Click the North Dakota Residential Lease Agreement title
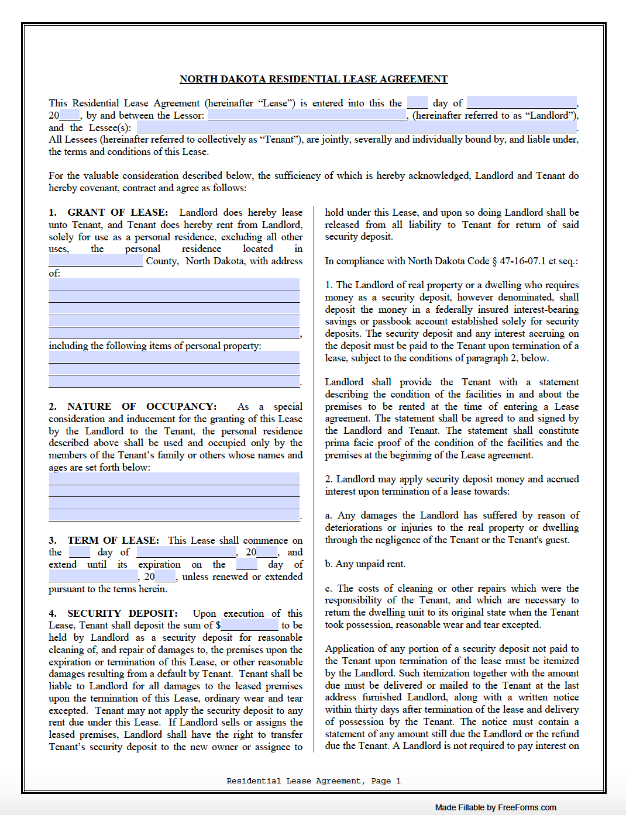click(x=313, y=79)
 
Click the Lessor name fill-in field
click(x=307, y=115)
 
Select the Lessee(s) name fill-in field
click(x=356, y=127)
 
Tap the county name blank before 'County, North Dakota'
click(x=95, y=261)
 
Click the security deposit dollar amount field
click(x=250, y=625)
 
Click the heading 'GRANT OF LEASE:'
click(x=118, y=212)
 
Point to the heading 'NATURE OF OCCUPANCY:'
click(x=142, y=406)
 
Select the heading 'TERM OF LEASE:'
click(x=113, y=540)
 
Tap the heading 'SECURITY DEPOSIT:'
click(x=122, y=613)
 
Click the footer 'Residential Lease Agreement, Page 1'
click(x=314, y=781)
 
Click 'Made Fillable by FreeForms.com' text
click(x=495, y=807)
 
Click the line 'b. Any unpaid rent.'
click(x=365, y=564)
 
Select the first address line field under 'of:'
click(x=174, y=285)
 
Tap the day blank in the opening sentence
click(x=417, y=103)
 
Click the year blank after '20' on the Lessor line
click(x=69, y=115)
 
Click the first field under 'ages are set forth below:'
click(x=174, y=479)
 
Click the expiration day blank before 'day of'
click(x=246, y=564)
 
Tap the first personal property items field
click(x=174, y=357)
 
